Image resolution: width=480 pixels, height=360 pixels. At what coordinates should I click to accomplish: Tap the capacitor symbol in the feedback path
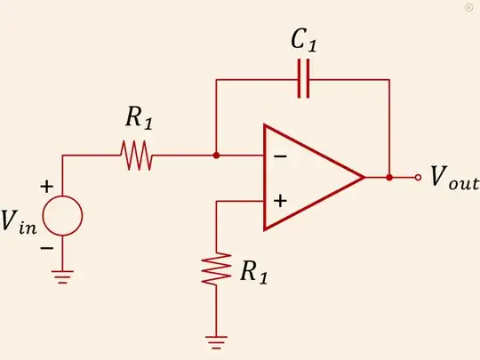tap(304, 80)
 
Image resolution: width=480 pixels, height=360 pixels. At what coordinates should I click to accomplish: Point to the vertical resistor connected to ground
tap(216, 269)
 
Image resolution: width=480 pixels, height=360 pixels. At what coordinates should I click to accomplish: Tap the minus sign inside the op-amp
tap(280, 156)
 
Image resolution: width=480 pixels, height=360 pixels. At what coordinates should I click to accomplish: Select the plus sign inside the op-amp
tap(280, 201)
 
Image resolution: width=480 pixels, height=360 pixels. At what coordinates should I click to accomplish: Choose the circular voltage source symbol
tap(63, 215)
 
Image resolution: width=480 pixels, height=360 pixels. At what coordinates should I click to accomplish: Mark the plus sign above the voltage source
tap(46, 188)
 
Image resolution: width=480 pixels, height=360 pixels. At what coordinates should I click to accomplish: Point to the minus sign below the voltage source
tap(46, 245)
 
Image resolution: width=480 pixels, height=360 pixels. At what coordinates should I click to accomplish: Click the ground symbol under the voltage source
tap(63, 275)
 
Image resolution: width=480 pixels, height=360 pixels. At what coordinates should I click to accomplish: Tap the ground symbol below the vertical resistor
tap(216, 340)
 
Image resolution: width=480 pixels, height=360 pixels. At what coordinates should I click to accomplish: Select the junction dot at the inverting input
tap(216, 156)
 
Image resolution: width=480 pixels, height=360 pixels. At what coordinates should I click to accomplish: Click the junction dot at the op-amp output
tap(389, 178)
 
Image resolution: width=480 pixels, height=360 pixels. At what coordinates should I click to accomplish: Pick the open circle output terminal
tap(419, 178)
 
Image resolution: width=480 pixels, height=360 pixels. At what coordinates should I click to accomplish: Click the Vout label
tap(453, 180)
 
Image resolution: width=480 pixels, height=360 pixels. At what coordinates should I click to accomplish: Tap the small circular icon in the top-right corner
tap(468, 7)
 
